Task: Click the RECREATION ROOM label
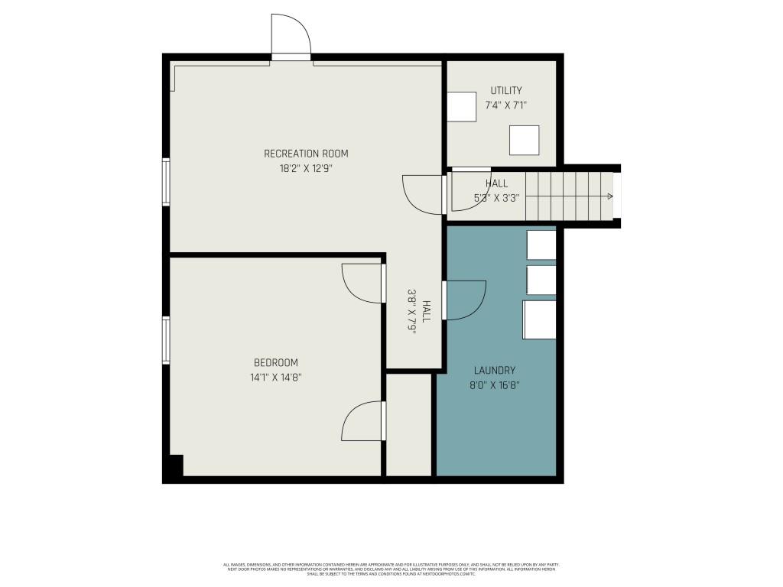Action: coord(306,154)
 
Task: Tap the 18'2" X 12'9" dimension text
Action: coord(306,169)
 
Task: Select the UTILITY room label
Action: coord(506,91)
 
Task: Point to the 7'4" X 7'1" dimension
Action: coord(506,105)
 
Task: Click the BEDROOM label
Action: coord(276,362)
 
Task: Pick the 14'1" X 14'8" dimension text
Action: coord(276,377)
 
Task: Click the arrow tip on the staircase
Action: coord(610,196)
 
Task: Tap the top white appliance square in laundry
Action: coord(541,245)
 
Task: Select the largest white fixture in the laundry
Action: coord(539,319)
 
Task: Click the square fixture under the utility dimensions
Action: coord(524,141)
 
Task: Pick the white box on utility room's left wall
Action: coord(461,106)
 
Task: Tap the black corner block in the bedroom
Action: coord(174,465)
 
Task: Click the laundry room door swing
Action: coord(464,300)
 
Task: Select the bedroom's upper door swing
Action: coord(362,284)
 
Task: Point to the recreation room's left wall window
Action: coord(165,182)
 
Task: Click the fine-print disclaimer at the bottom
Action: coord(391,569)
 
